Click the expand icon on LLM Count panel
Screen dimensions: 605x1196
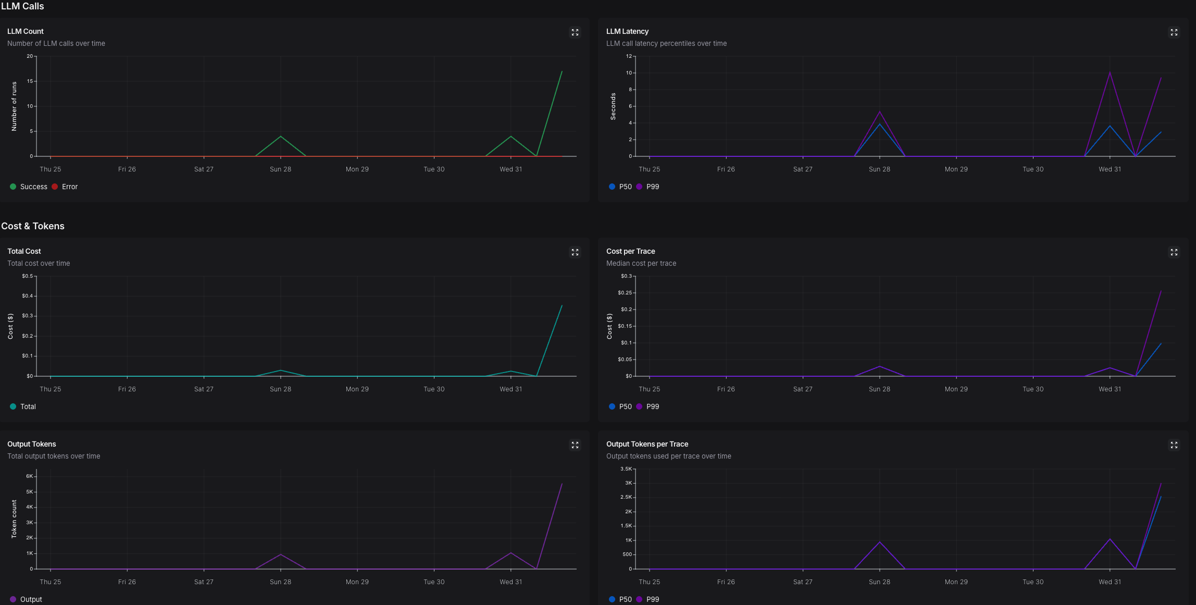click(575, 32)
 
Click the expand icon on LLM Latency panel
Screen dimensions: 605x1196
click(1174, 32)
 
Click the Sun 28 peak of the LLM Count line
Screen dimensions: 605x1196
click(281, 137)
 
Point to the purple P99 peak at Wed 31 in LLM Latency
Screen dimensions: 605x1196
click(1110, 72)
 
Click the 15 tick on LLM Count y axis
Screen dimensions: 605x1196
click(30, 81)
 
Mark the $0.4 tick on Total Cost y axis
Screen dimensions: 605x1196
click(27, 296)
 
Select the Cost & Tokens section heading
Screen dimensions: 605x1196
click(33, 226)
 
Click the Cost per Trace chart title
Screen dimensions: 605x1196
click(630, 251)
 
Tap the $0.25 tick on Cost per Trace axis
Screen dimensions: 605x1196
click(625, 293)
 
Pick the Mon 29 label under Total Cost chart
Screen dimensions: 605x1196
click(357, 389)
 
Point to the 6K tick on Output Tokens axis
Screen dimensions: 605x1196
click(30, 476)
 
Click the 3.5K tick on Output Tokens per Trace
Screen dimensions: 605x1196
click(626, 469)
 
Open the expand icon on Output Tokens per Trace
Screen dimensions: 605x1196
click(1174, 445)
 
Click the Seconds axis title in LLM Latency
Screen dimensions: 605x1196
click(613, 106)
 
